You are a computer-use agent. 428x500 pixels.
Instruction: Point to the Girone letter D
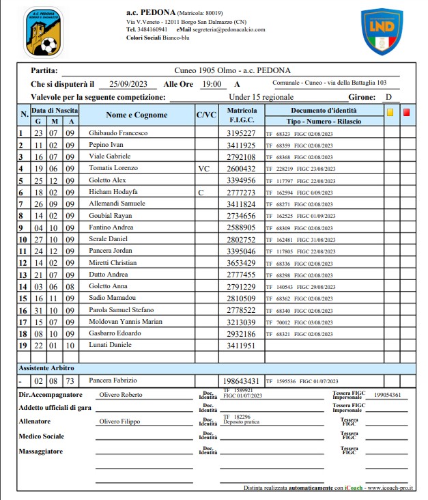coord(388,98)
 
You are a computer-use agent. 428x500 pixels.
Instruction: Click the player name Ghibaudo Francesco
coord(118,133)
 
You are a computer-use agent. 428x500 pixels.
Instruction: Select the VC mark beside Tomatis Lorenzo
coord(204,168)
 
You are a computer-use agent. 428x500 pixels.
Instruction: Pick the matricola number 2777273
coord(242,193)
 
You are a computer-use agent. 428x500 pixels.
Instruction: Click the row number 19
coord(21,346)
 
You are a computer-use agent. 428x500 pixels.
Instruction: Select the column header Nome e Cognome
coord(137,115)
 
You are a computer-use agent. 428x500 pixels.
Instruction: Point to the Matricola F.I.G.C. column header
coord(242,115)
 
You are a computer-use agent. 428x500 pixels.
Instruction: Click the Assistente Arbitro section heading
coord(47,368)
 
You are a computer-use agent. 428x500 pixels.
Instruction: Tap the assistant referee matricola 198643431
coord(242,380)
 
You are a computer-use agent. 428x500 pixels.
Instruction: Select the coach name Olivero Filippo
coord(120,421)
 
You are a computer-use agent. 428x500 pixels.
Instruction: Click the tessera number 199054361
coord(387,395)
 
